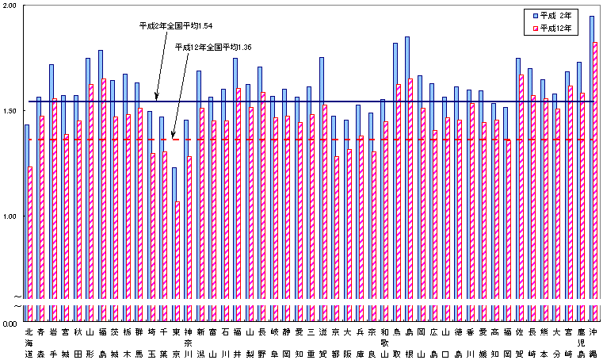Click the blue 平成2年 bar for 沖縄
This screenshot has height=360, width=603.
(592, 159)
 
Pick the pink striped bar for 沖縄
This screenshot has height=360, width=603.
(596, 174)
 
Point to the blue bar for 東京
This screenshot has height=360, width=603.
(174, 238)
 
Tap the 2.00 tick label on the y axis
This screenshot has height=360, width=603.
(10, 6)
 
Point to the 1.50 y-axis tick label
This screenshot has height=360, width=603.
(10, 111)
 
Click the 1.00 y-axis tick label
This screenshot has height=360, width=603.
(10, 216)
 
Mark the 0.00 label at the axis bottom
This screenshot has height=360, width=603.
(10, 324)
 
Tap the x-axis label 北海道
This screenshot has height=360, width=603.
(29, 342)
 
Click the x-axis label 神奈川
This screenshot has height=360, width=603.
(188, 342)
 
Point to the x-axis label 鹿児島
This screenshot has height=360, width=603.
(581, 342)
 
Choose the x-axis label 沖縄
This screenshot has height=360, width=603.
(593, 342)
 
